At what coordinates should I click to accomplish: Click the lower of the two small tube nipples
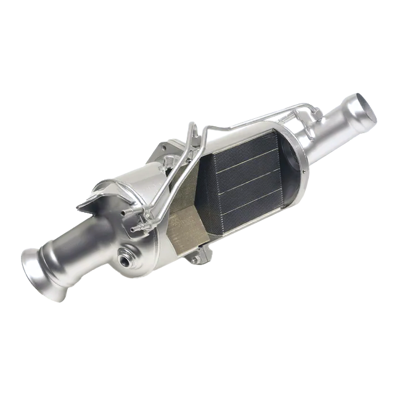tap(134, 229)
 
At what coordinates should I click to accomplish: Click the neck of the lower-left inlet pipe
tap(74, 247)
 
